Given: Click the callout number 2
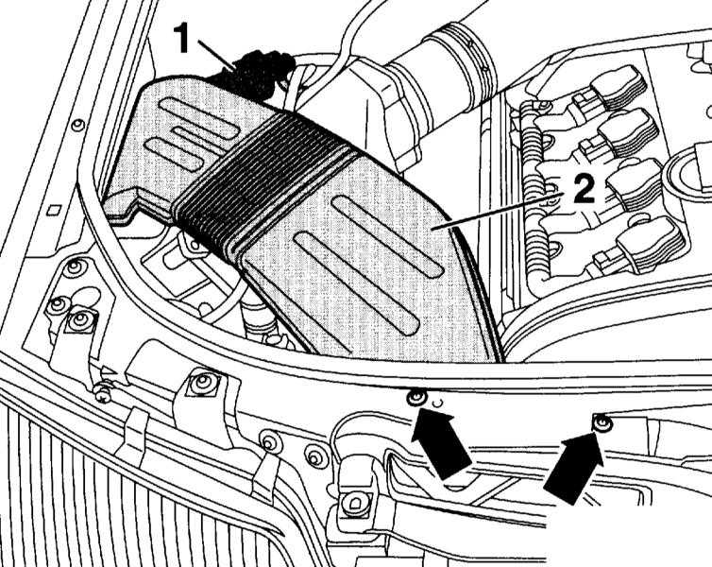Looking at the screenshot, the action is pos(584,189).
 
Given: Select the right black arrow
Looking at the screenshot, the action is pos(574,468).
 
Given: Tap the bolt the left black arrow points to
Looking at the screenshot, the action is pos(416,399).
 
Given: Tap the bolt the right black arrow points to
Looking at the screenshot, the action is pos(603,424).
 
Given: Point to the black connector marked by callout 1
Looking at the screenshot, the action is pos(257,75).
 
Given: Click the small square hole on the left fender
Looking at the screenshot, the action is pos(54,211).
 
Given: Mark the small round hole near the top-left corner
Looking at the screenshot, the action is pos(78,125).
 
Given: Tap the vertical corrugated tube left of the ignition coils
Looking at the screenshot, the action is pos(534,191).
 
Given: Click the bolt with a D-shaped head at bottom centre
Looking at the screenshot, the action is pos(355,503).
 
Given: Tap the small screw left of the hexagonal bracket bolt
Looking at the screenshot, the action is pos(104,396).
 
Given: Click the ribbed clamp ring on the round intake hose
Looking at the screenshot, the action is pos(472,59).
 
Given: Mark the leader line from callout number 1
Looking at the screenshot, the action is pos(217,56).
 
